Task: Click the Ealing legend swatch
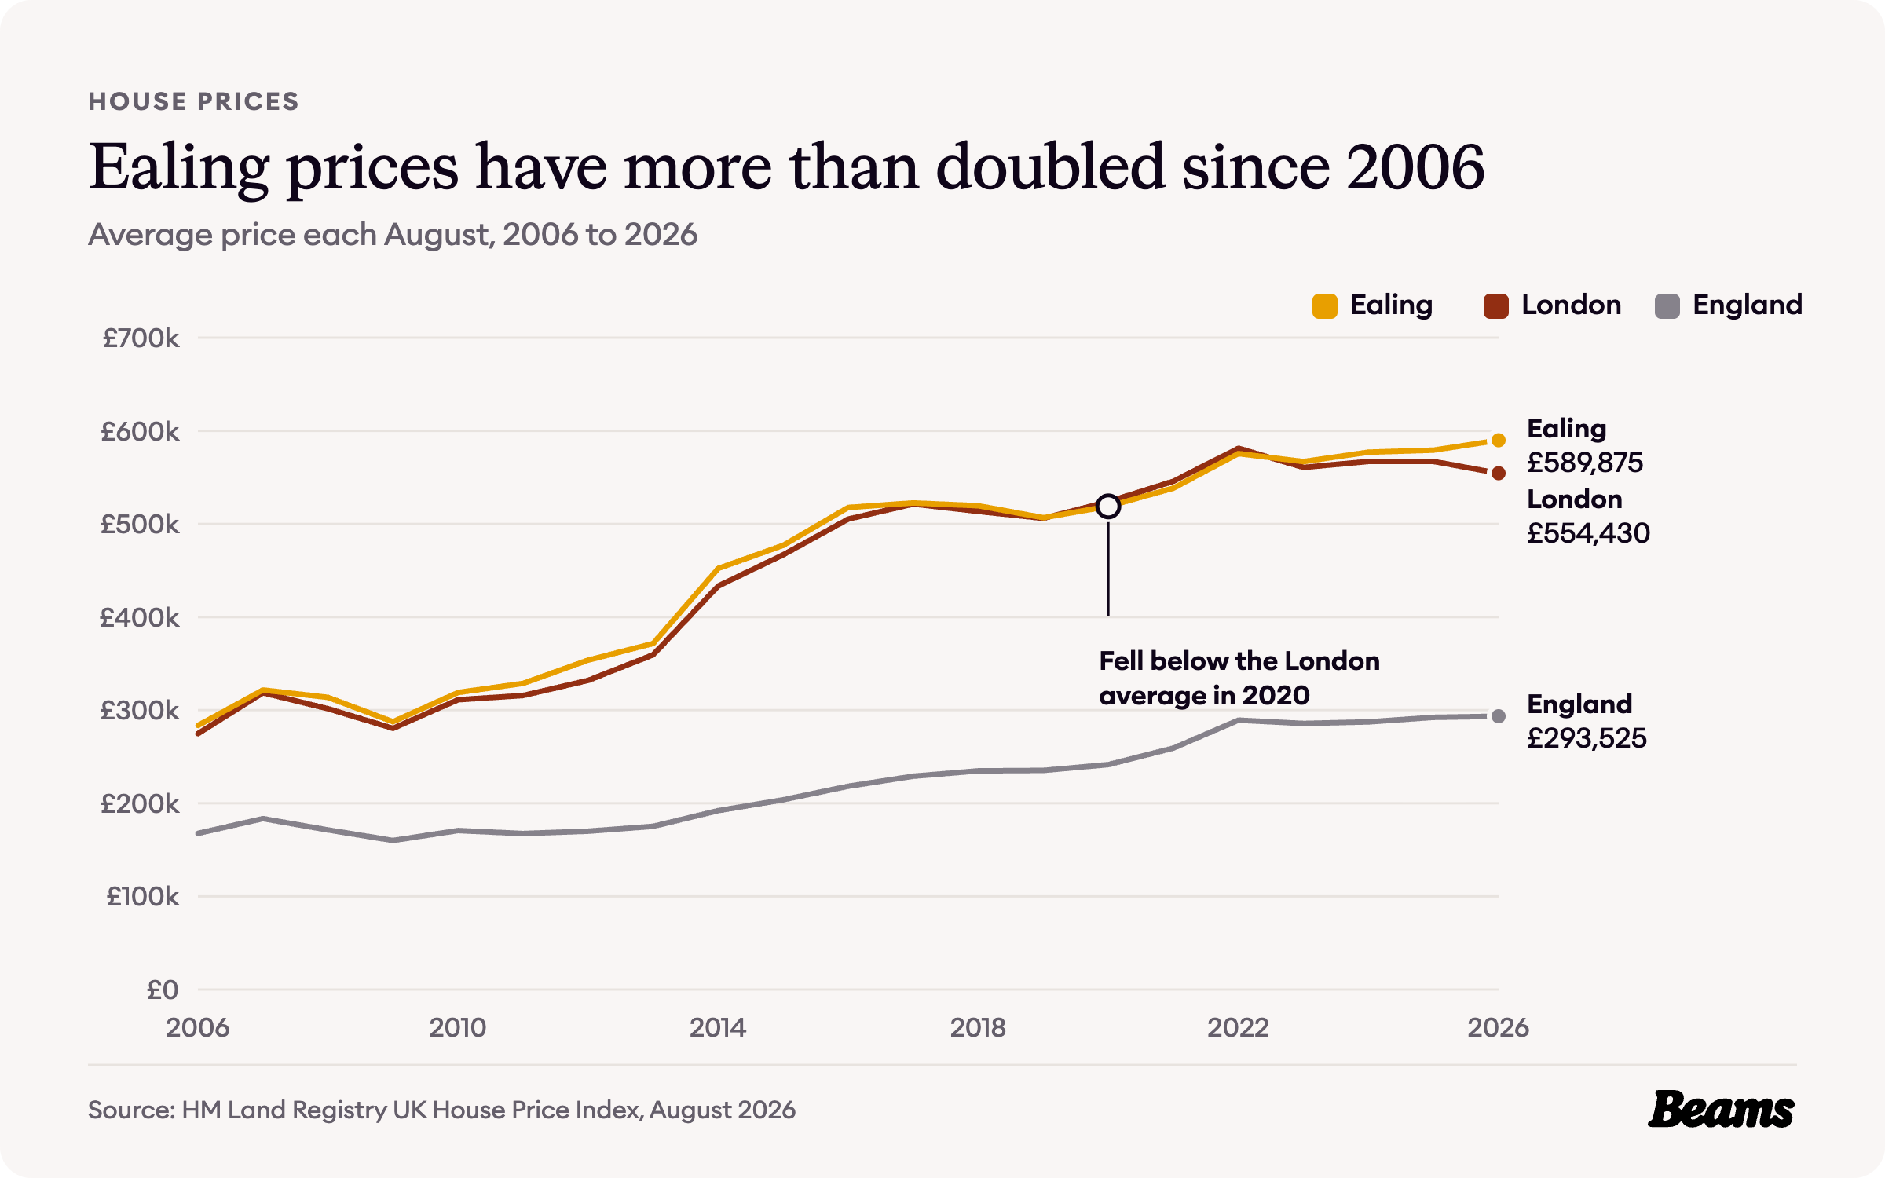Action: [x=1324, y=305]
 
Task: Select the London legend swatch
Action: [x=1495, y=305]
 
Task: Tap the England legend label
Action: [x=1747, y=305]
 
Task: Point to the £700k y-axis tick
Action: [x=141, y=338]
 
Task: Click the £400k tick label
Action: [x=139, y=618]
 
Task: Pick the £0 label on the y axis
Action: [x=163, y=990]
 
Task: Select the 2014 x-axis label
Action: [x=718, y=1027]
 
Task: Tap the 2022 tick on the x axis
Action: [x=1238, y=1027]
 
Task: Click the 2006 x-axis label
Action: [x=197, y=1027]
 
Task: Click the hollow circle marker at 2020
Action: [x=1108, y=507]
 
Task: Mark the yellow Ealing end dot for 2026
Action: [x=1499, y=440]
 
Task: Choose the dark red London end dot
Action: [x=1499, y=473]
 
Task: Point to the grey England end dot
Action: [x=1499, y=716]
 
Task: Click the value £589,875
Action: [x=1584, y=463]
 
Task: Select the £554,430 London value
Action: [x=1588, y=533]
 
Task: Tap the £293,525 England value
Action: [x=1587, y=738]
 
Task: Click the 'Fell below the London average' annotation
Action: [x=1239, y=678]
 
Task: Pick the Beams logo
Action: [x=1721, y=1110]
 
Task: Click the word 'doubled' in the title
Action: [x=1050, y=166]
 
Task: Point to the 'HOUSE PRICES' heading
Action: [x=193, y=101]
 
